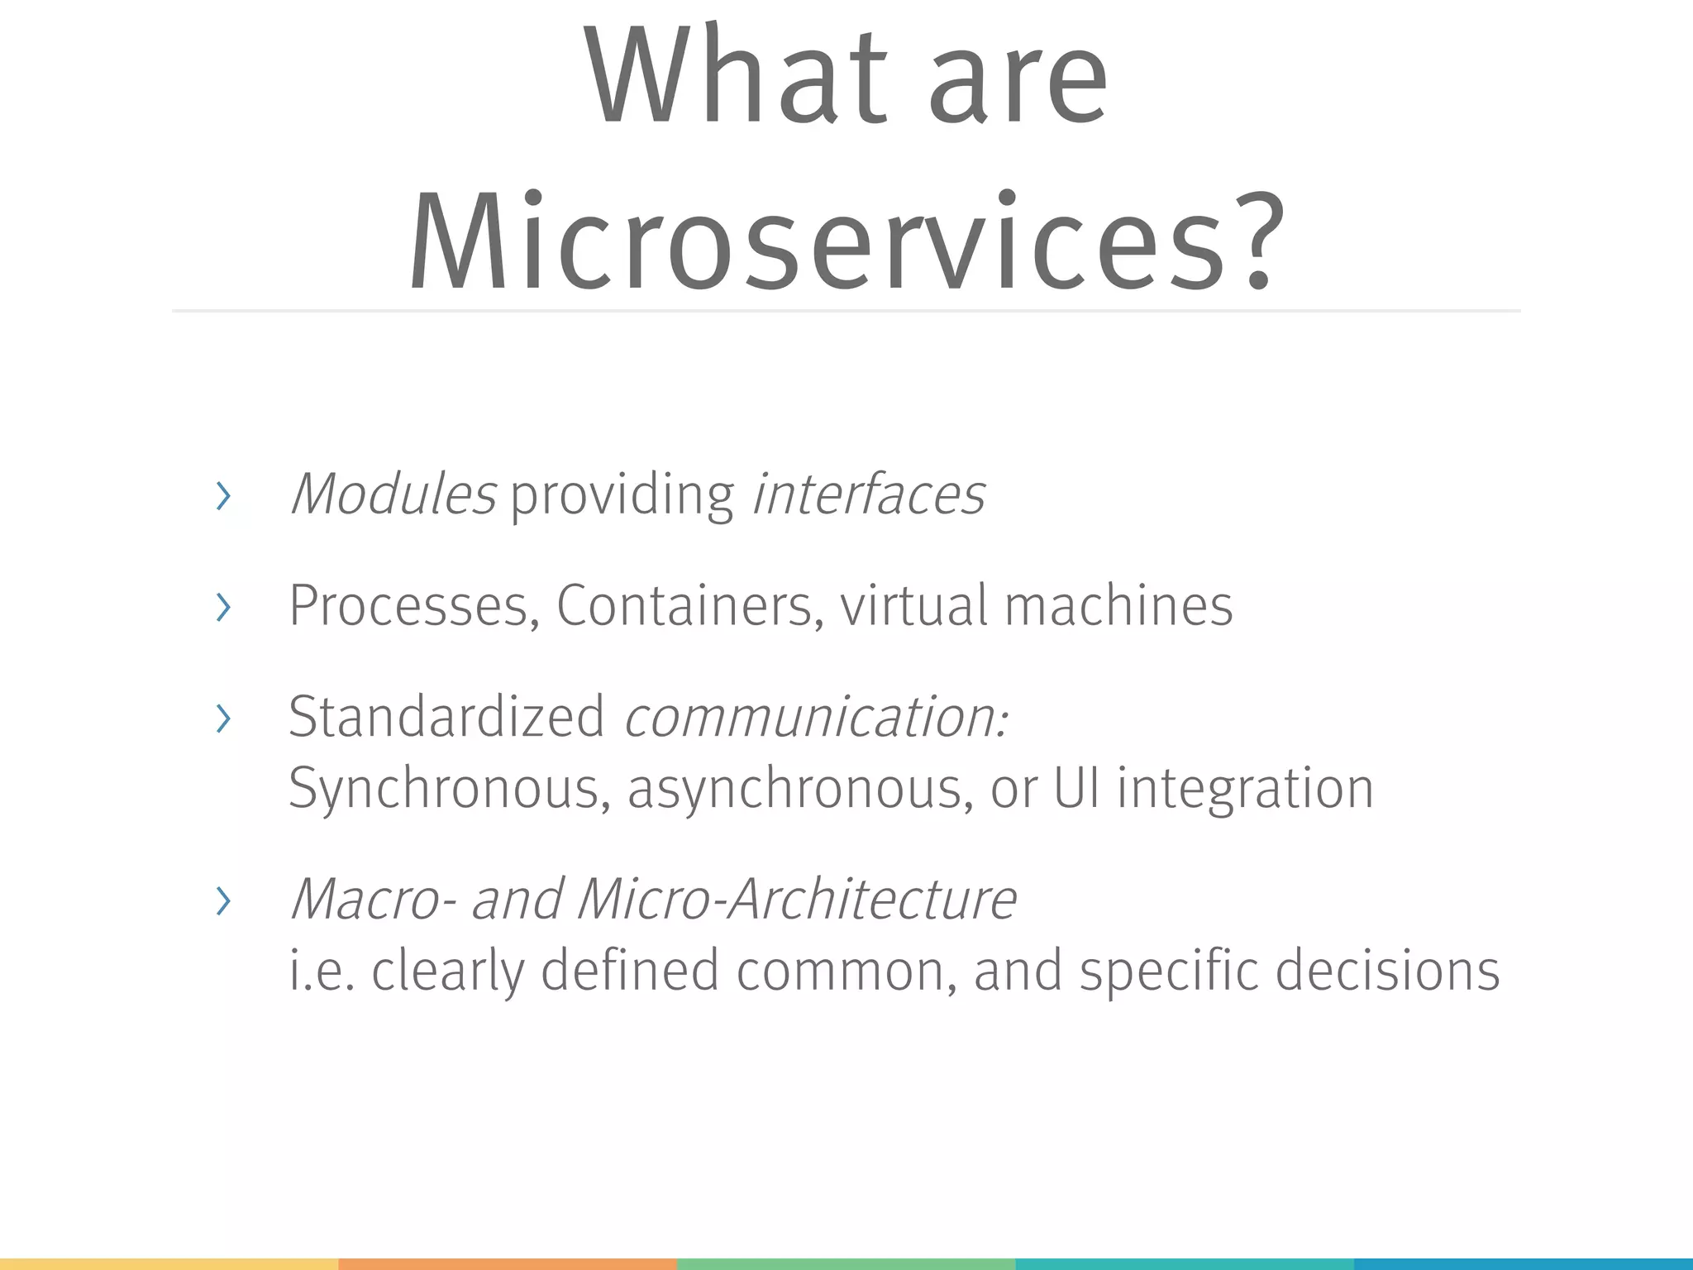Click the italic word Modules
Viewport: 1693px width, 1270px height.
click(393, 494)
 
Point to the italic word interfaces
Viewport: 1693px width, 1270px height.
click(868, 494)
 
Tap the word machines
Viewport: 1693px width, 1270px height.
click(1118, 606)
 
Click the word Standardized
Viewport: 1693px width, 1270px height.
click(446, 716)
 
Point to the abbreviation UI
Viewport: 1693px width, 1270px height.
click(1076, 787)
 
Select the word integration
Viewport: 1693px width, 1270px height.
click(1245, 788)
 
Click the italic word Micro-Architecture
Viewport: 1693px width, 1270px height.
click(797, 899)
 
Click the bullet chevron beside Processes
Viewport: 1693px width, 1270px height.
click(222, 609)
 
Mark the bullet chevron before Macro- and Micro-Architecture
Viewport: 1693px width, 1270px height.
click(222, 901)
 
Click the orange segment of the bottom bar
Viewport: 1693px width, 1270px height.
click(508, 1264)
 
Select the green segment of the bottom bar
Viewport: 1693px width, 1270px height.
click(846, 1264)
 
